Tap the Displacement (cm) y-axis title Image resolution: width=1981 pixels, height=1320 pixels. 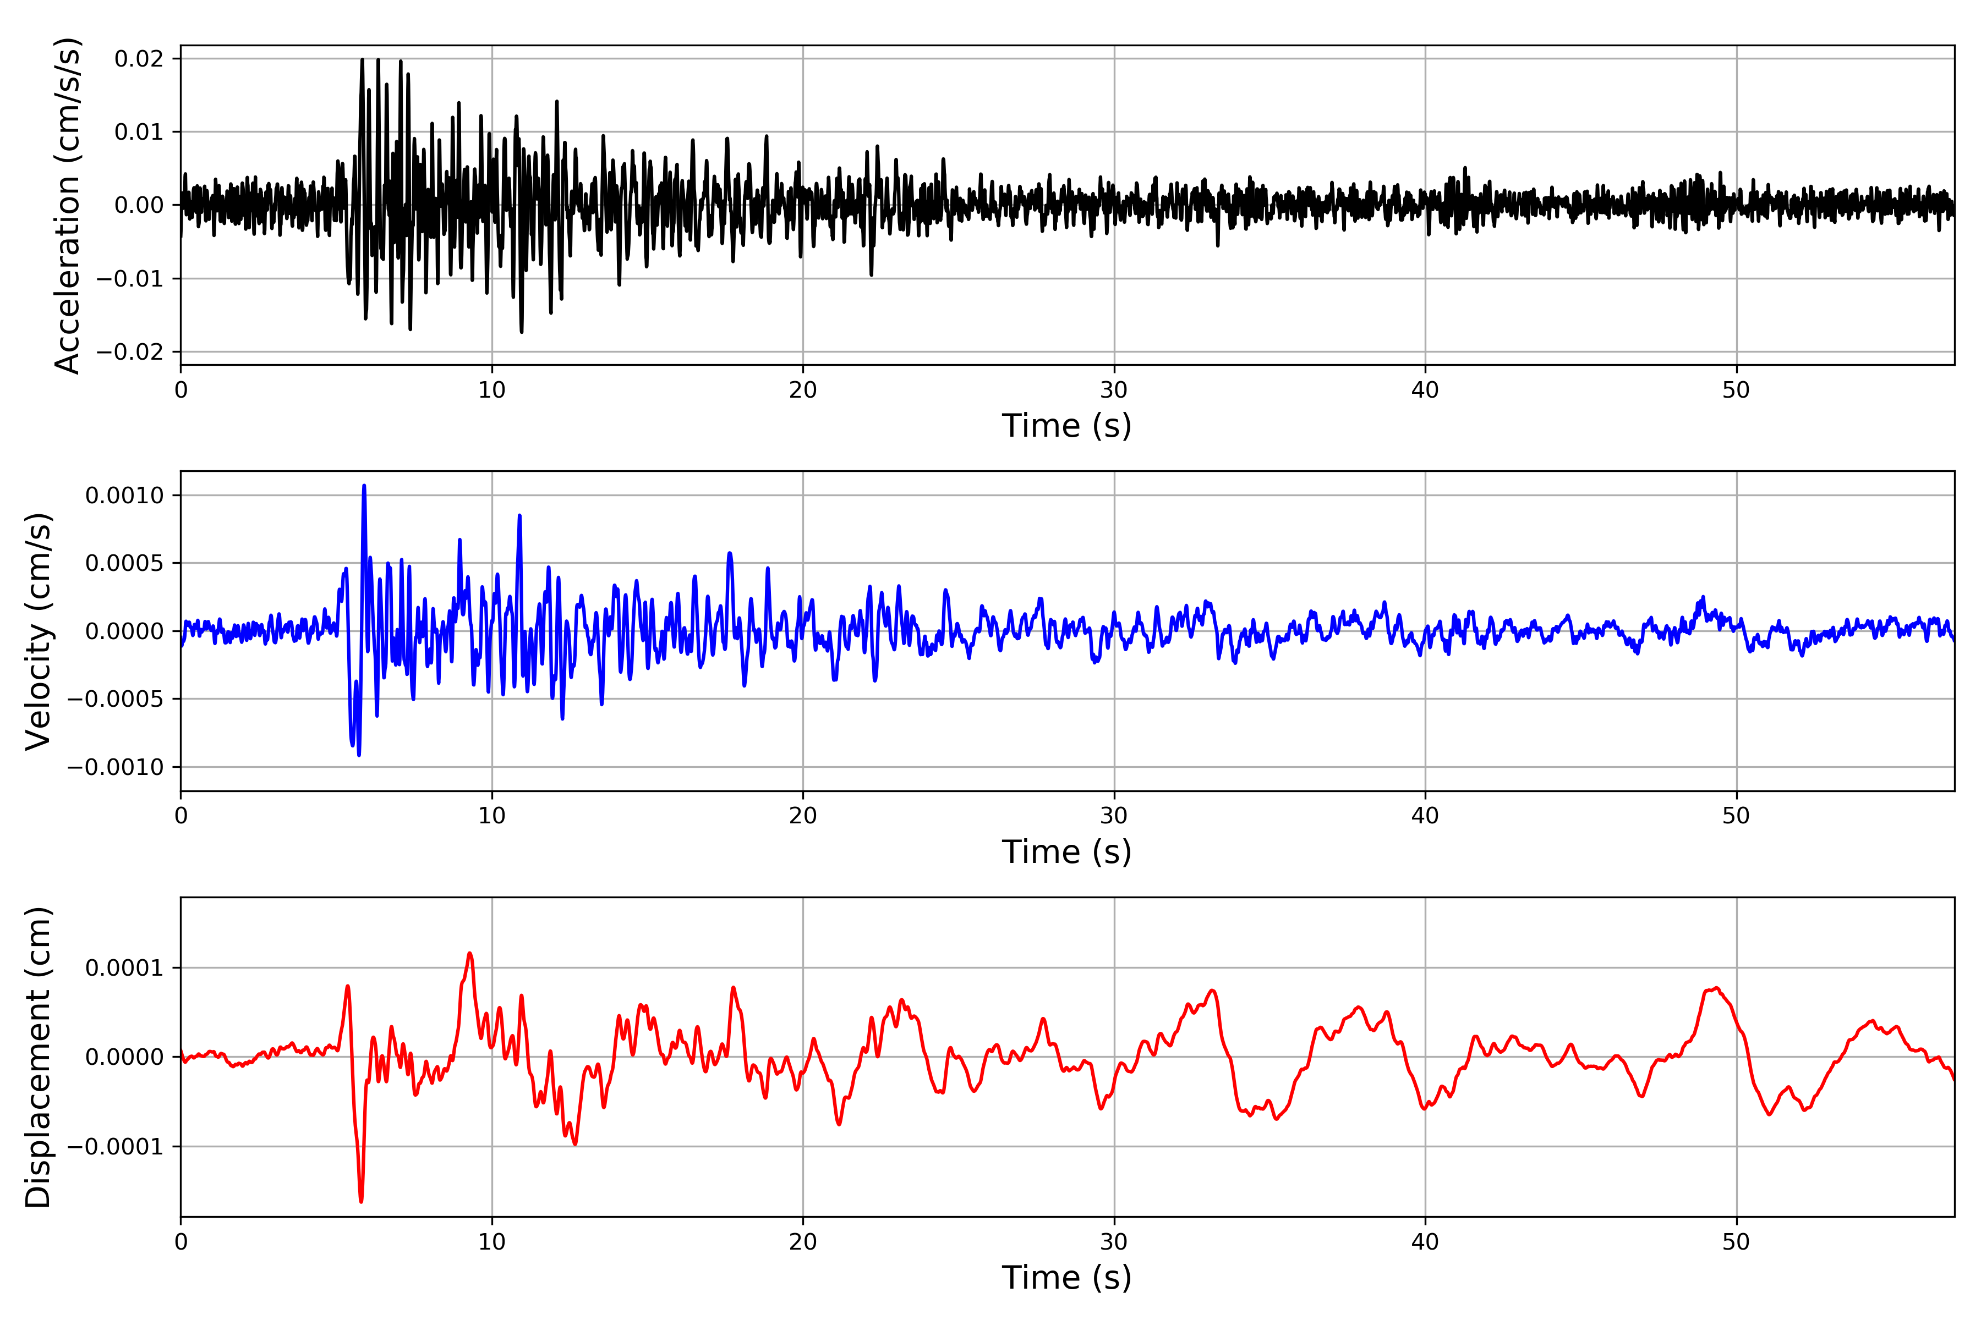[39, 1057]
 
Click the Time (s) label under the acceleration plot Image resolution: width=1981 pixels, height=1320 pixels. [1066, 426]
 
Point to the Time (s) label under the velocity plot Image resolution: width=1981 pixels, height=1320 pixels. [1066, 852]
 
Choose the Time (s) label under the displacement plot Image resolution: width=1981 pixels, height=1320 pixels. [1066, 1278]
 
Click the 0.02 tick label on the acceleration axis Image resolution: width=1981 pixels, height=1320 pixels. [139, 59]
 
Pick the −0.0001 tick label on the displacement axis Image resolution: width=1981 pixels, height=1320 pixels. [114, 1147]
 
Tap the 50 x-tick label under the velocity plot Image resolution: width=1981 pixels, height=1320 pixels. [1736, 816]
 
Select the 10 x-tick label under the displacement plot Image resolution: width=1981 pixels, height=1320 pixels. [492, 1242]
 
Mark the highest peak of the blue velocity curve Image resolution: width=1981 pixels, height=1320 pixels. [364, 486]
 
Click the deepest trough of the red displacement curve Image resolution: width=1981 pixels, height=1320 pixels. [362, 1201]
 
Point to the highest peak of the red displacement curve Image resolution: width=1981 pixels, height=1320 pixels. [470, 953]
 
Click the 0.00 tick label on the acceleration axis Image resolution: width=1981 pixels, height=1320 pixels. [139, 205]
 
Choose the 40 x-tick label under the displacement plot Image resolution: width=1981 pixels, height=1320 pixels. [1425, 1242]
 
